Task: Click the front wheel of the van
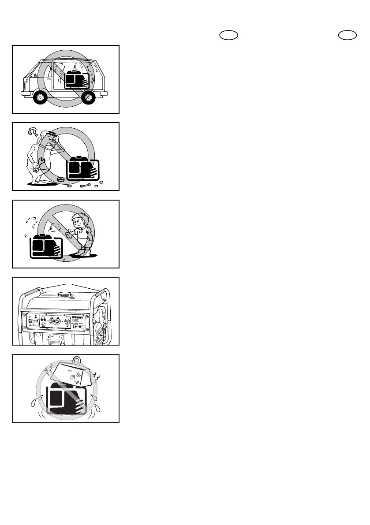40,97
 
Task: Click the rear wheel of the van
89,97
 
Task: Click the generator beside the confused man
82,168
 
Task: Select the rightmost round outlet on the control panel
67,322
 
